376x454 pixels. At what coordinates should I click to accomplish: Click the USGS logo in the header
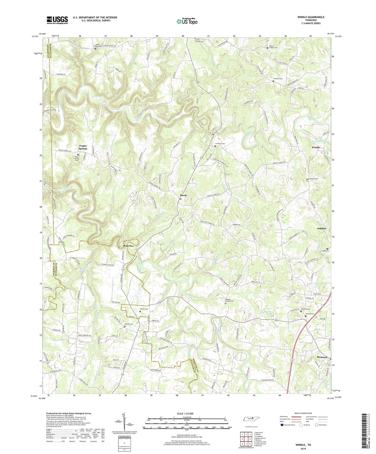point(57,20)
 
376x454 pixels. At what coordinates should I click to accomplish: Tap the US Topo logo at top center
point(187,21)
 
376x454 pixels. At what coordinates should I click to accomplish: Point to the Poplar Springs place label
point(83,147)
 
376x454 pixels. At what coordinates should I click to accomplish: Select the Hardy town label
point(183,195)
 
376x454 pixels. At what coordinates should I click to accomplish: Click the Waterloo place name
point(128,246)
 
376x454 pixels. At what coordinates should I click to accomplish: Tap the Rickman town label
point(322,357)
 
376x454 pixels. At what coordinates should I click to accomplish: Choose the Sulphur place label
point(322,228)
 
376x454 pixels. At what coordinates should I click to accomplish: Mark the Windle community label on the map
point(316,147)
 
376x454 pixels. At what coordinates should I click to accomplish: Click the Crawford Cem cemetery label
point(220,144)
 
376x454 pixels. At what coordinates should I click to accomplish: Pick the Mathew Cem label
point(313,179)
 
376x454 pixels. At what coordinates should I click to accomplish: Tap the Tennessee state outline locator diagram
point(252,419)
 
